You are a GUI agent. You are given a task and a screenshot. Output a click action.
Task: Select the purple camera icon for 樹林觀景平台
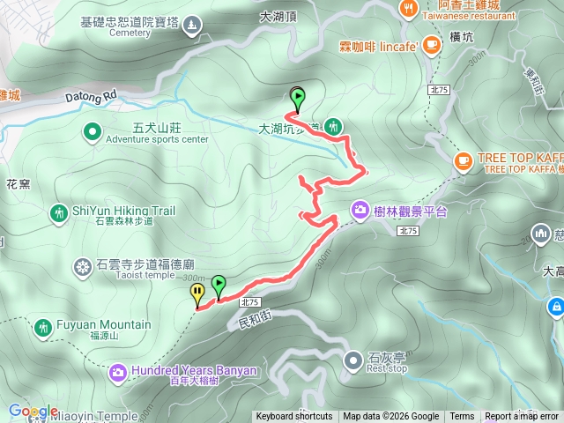(360, 210)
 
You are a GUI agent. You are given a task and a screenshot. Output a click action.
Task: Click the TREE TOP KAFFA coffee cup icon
(463, 160)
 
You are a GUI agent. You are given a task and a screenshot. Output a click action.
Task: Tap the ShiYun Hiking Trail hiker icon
(58, 212)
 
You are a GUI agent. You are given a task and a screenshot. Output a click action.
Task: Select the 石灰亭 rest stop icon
(353, 360)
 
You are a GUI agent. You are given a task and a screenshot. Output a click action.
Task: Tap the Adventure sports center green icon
(92, 133)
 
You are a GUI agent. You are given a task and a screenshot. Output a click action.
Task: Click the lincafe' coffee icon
(431, 44)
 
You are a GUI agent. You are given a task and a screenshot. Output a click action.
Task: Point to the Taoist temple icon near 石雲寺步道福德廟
(83, 266)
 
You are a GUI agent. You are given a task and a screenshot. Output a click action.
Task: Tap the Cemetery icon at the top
(192, 24)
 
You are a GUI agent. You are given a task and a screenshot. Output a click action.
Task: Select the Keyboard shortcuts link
(294, 417)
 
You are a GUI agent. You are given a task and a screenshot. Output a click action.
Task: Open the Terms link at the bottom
(462, 417)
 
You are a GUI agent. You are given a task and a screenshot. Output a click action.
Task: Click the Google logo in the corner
(33, 412)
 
